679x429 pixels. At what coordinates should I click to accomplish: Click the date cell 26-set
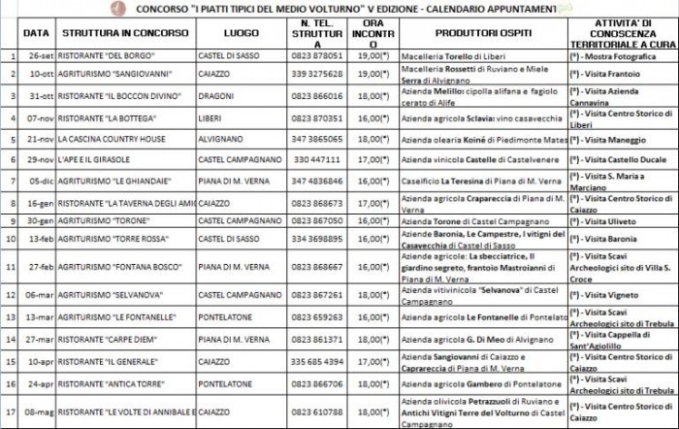tap(40, 55)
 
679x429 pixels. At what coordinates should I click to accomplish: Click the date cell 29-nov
tap(39, 159)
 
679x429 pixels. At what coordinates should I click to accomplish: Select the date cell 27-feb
tap(39, 266)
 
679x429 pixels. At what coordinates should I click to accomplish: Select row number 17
tap(10, 411)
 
